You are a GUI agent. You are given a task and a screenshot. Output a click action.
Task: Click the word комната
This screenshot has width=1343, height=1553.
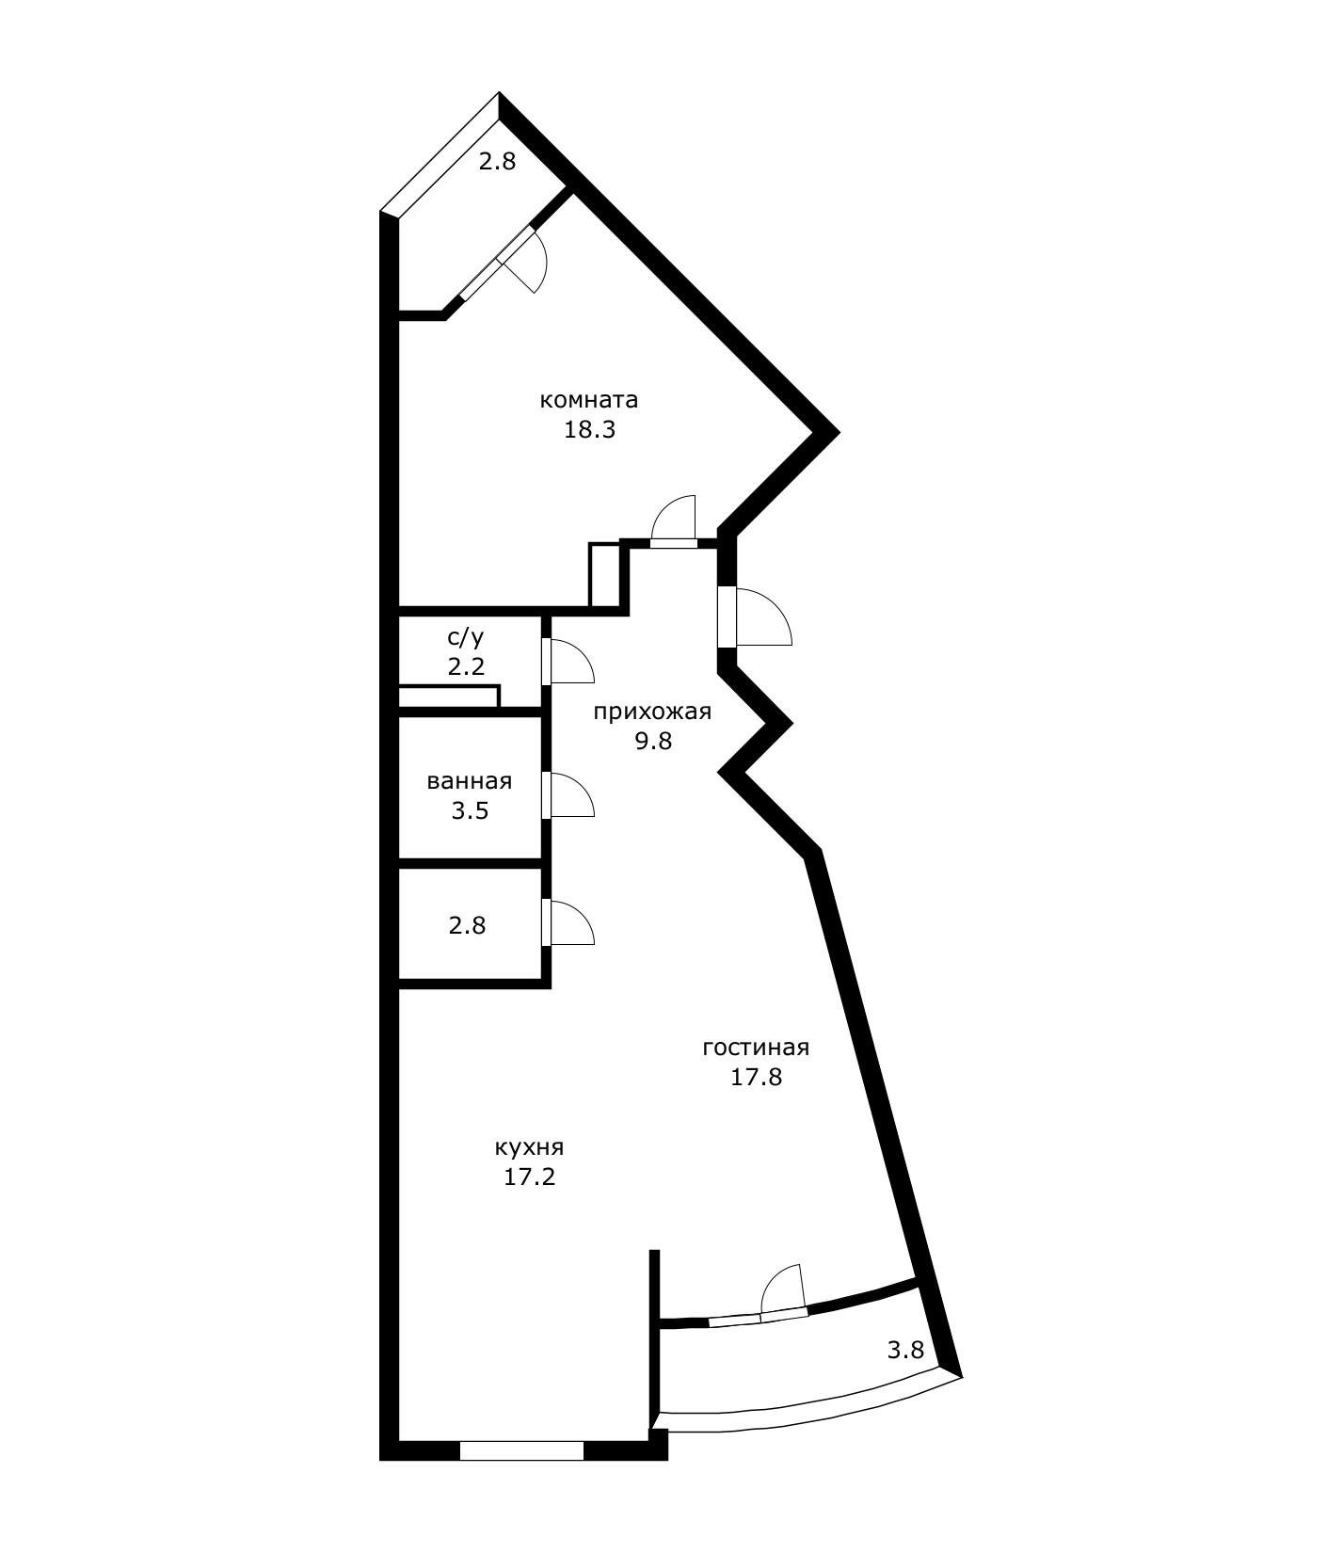(x=589, y=400)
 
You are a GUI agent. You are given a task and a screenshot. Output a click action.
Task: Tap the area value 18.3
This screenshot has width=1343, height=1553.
(x=589, y=431)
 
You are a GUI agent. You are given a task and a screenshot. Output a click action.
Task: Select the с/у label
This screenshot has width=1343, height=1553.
(x=466, y=638)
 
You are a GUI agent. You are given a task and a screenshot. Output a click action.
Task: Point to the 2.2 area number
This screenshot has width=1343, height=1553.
(x=466, y=668)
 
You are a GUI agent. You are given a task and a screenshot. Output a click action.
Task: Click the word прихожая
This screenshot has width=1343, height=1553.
(x=652, y=712)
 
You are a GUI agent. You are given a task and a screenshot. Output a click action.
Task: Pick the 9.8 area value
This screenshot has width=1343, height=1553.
(x=653, y=742)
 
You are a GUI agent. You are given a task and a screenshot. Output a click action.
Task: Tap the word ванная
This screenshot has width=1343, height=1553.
(x=470, y=782)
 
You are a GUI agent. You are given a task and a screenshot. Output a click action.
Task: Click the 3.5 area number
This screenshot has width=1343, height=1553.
(x=470, y=811)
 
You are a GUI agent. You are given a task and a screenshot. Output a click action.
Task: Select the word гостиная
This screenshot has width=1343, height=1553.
(x=756, y=1048)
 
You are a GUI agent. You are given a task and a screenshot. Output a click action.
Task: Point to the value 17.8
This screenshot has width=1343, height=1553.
(x=757, y=1078)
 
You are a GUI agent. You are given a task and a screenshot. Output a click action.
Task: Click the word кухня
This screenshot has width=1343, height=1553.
(x=529, y=1149)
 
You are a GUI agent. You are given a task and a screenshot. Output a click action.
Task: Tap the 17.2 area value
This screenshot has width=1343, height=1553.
(x=530, y=1177)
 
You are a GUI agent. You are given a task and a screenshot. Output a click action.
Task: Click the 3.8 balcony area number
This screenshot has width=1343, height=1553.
(x=906, y=1351)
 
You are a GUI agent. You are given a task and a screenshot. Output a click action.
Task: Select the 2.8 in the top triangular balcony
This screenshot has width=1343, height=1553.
(x=498, y=162)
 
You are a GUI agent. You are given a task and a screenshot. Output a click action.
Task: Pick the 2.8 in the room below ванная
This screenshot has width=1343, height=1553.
(x=468, y=926)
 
